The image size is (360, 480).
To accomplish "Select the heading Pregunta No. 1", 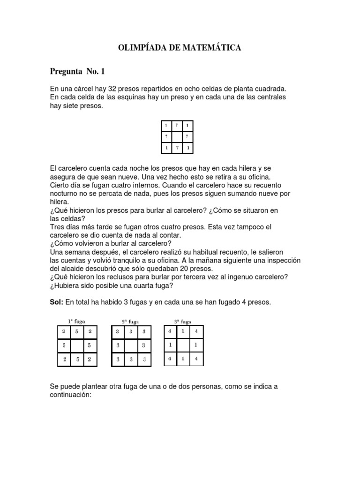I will click(78, 71).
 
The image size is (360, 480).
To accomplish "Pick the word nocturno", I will click(65, 193).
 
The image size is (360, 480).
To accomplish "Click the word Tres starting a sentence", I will click(58, 227).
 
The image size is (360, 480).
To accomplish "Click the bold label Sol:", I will click(57, 303).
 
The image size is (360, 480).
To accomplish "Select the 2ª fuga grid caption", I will click(131, 322).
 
